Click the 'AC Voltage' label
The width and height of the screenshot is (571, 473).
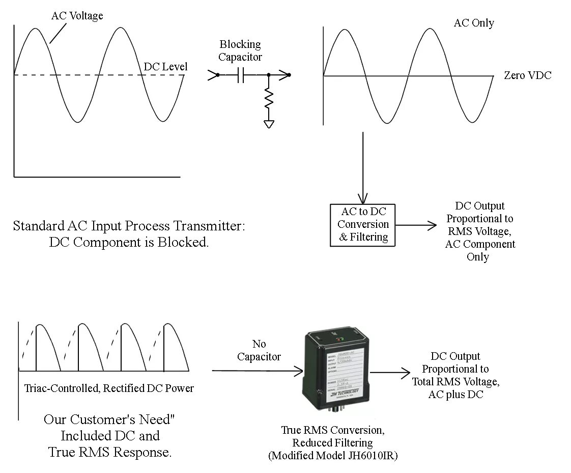(77, 16)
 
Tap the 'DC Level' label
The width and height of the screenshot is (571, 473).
(165, 67)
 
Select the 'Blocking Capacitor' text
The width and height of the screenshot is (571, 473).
(240, 50)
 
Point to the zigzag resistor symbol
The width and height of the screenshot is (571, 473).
(269, 98)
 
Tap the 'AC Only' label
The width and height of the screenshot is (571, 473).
(474, 23)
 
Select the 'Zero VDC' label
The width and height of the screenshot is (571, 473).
(527, 75)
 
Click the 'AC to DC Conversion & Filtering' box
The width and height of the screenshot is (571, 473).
(363, 224)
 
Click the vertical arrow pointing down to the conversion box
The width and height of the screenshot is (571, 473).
(363, 168)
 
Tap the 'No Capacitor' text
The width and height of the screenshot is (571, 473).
(259, 350)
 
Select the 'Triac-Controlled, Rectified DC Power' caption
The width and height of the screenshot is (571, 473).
(109, 388)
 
